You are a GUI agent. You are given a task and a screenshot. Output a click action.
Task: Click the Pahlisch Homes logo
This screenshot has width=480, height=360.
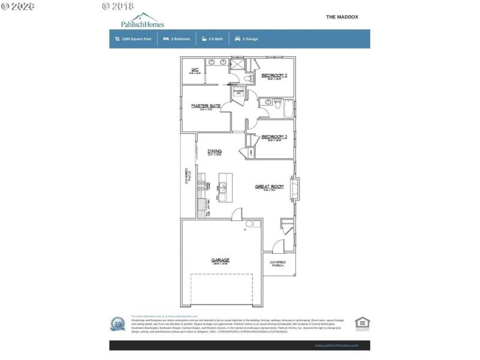pos(142,20)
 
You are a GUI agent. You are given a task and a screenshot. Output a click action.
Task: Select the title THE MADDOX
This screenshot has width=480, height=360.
pos(342,17)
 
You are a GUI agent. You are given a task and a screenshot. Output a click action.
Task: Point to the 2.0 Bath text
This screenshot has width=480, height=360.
pos(215,39)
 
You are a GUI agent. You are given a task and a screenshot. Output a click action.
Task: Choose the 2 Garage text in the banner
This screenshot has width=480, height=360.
pos(250,39)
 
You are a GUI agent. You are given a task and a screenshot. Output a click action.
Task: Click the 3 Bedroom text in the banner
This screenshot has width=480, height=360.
pos(180,39)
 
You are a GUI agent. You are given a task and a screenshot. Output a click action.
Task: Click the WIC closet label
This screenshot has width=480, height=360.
pos(195,70)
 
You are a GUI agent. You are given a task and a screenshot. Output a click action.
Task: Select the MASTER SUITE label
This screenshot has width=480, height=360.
pos(206,106)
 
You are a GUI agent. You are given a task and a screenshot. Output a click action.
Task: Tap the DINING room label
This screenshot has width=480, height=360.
pos(214,151)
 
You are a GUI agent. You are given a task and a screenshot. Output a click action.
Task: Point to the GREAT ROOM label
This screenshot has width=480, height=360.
pos(269,187)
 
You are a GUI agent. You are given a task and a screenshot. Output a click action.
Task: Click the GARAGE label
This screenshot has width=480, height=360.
pos(220,260)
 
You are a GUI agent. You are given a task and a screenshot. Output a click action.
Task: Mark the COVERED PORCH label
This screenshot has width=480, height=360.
pos(278,263)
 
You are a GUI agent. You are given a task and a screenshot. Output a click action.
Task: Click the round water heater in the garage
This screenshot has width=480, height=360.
pos(250,224)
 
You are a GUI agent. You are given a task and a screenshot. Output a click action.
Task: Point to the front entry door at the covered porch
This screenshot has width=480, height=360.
pos(277,246)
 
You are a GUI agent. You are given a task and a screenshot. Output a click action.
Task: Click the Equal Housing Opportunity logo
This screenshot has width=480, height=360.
pos(362,323)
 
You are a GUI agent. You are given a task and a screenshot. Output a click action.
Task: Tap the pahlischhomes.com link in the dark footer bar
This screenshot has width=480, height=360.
pos(336,346)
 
